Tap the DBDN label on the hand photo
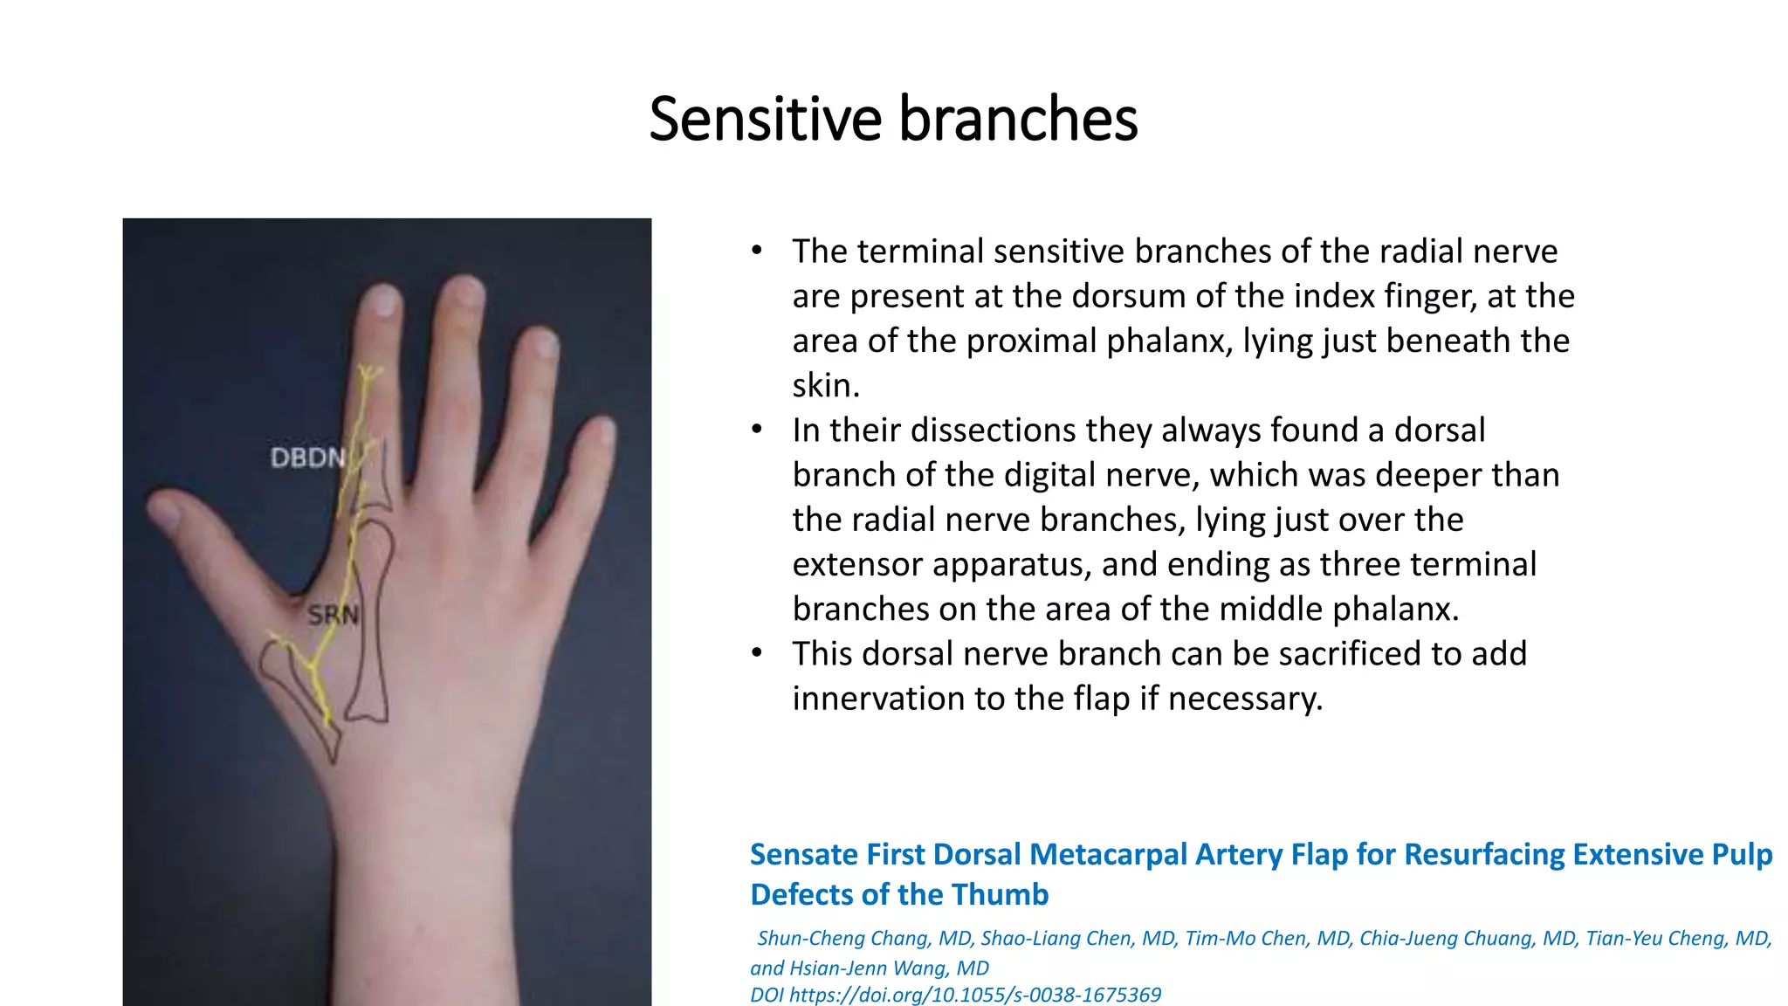[x=307, y=458]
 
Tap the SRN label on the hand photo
[x=333, y=615]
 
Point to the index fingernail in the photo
[x=382, y=301]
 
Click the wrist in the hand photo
[x=419, y=873]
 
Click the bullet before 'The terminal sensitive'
[x=757, y=251]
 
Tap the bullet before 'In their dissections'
[x=757, y=431]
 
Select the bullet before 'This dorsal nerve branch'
[x=757, y=654]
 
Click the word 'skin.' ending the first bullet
[x=826, y=385]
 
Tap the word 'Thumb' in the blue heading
[x=1000, y=895]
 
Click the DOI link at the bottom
[x=956, y=995]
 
